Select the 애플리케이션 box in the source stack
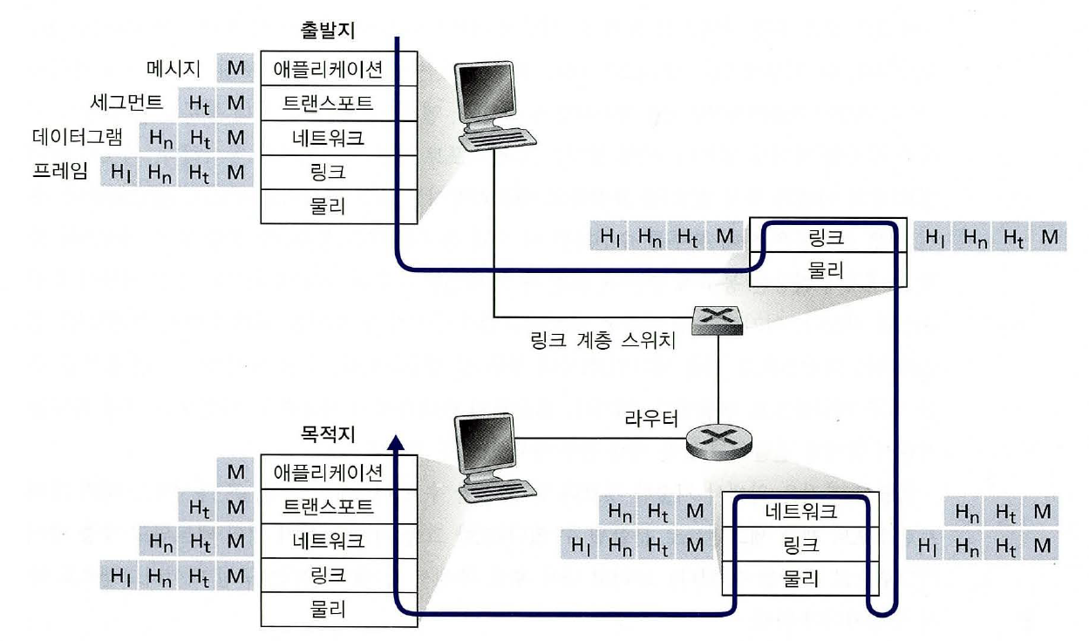pos(328,68)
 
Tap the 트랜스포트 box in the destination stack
pos(328,507)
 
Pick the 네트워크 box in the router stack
pos(800,512)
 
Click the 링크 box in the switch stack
pos(827,235)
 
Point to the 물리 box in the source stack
pos(328,207)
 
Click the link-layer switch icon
pos(718,321)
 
